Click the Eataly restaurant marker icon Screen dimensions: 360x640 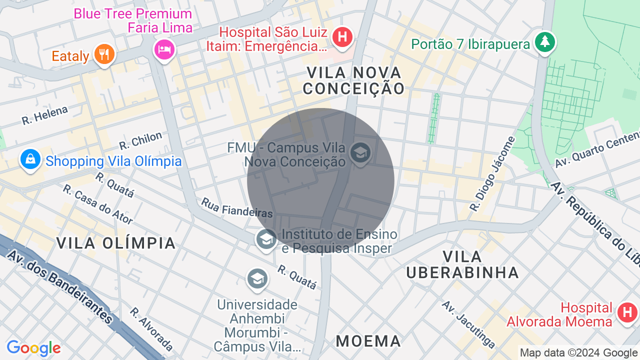click(104, 53)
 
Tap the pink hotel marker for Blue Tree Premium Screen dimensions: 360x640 click(164, 48)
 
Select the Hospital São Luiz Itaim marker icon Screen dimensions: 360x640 click(342, 37)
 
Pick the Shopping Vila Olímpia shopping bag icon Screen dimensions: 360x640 click(30, 159)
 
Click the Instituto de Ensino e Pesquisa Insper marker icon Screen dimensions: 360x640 click(266, 239)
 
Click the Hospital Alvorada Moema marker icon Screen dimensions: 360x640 click(626, 312)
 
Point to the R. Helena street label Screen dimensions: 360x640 click(44, 115)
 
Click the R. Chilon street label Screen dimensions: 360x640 click(140, 140)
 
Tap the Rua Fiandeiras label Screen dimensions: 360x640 click(237, 207)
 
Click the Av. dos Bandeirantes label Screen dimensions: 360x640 click(60, 285)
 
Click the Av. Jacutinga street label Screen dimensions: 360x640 click(469, 324)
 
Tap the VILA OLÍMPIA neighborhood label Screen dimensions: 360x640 click(116, 243)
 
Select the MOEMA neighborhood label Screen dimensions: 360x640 click(368, 341)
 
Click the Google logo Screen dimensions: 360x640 click(33, 348)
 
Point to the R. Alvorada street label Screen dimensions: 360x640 click(151, 328)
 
